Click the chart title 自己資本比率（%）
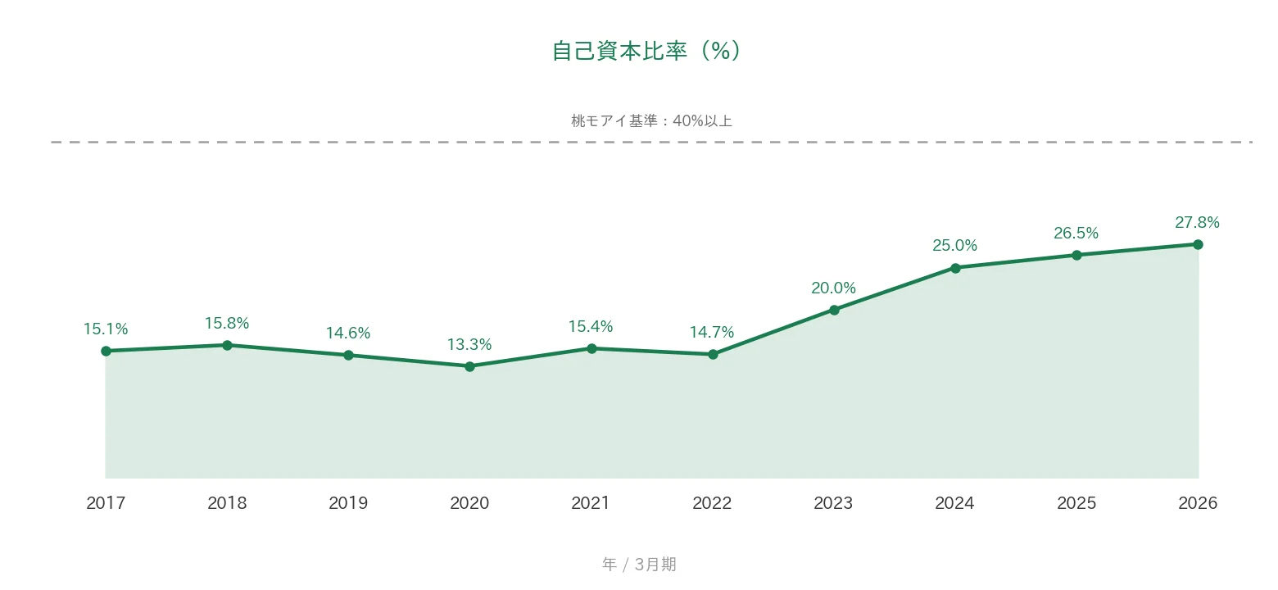coord(646,51)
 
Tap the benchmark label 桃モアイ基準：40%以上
coord(651,121)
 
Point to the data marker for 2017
coord(106,351)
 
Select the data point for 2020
coord(469,366)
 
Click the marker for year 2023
coord(834,310)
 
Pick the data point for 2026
coord(1198,244)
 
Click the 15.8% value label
coord(227,324)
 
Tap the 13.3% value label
coord(469,345)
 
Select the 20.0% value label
coord(833,288)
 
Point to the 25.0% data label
coord(954,245)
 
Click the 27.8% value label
coord(1197,223)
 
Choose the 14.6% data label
coord(348,334)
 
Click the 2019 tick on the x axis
coord(348,502)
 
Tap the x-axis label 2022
coord(712,502)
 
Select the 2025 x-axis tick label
coord(1076,502)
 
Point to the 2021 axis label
coord(591,502)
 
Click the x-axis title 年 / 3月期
coord(639,565)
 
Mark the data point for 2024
coord(956,268)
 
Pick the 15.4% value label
coord(591,326)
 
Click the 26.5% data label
coord(1076,233)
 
